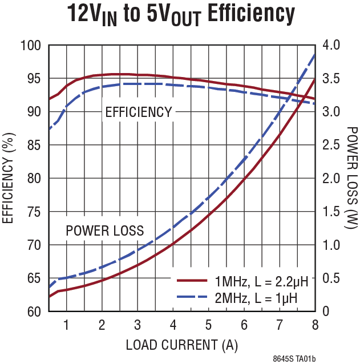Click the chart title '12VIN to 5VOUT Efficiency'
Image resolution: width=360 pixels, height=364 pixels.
[181, 14]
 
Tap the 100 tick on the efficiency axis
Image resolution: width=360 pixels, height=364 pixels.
[31, 45]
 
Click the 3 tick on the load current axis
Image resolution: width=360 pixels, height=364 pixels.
[137, 325]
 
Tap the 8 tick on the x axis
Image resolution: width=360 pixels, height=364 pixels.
[314, 325]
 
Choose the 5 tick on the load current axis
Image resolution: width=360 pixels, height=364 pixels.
[208, 325]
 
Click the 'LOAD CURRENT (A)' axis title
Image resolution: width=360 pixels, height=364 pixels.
[181, 345]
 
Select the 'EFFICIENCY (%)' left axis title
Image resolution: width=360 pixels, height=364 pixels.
[10, 178]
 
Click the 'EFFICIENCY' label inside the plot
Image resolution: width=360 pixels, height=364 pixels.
[138, 112]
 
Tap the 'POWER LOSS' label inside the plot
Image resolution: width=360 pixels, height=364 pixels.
[104, 231]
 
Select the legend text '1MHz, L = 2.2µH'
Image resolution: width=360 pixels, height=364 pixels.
[261, 281]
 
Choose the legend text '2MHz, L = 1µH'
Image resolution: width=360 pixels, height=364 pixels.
[256, 297]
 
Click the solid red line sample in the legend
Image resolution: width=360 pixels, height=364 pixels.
[191, 281]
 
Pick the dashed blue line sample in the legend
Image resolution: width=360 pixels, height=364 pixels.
[191, 297]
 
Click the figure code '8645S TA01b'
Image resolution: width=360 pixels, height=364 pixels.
[294, 358]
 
